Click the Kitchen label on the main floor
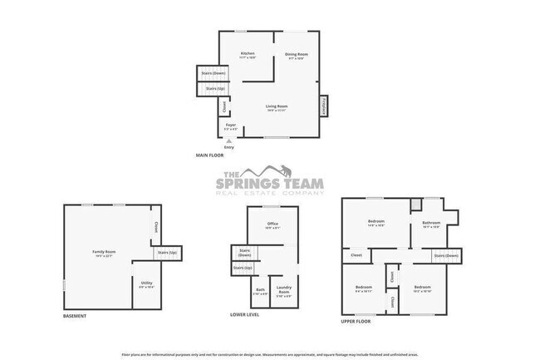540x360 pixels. [247, 55]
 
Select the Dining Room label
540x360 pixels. [297, 55]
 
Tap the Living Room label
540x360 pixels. [277, 107]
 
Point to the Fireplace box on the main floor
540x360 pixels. [323, 106]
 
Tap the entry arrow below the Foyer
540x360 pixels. [229, 142]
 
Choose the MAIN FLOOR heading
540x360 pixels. [209, 155]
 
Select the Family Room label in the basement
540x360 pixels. [104, 252]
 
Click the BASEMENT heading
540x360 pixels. [76, 316]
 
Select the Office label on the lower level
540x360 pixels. [272, 224]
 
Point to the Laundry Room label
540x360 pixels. [283, 291]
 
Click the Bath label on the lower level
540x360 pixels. [260, 291]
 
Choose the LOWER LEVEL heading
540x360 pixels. [245, 316]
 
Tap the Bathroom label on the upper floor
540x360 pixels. [430, 224]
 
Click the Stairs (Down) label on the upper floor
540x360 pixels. [446, 256]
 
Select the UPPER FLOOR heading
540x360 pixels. [356, 320]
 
